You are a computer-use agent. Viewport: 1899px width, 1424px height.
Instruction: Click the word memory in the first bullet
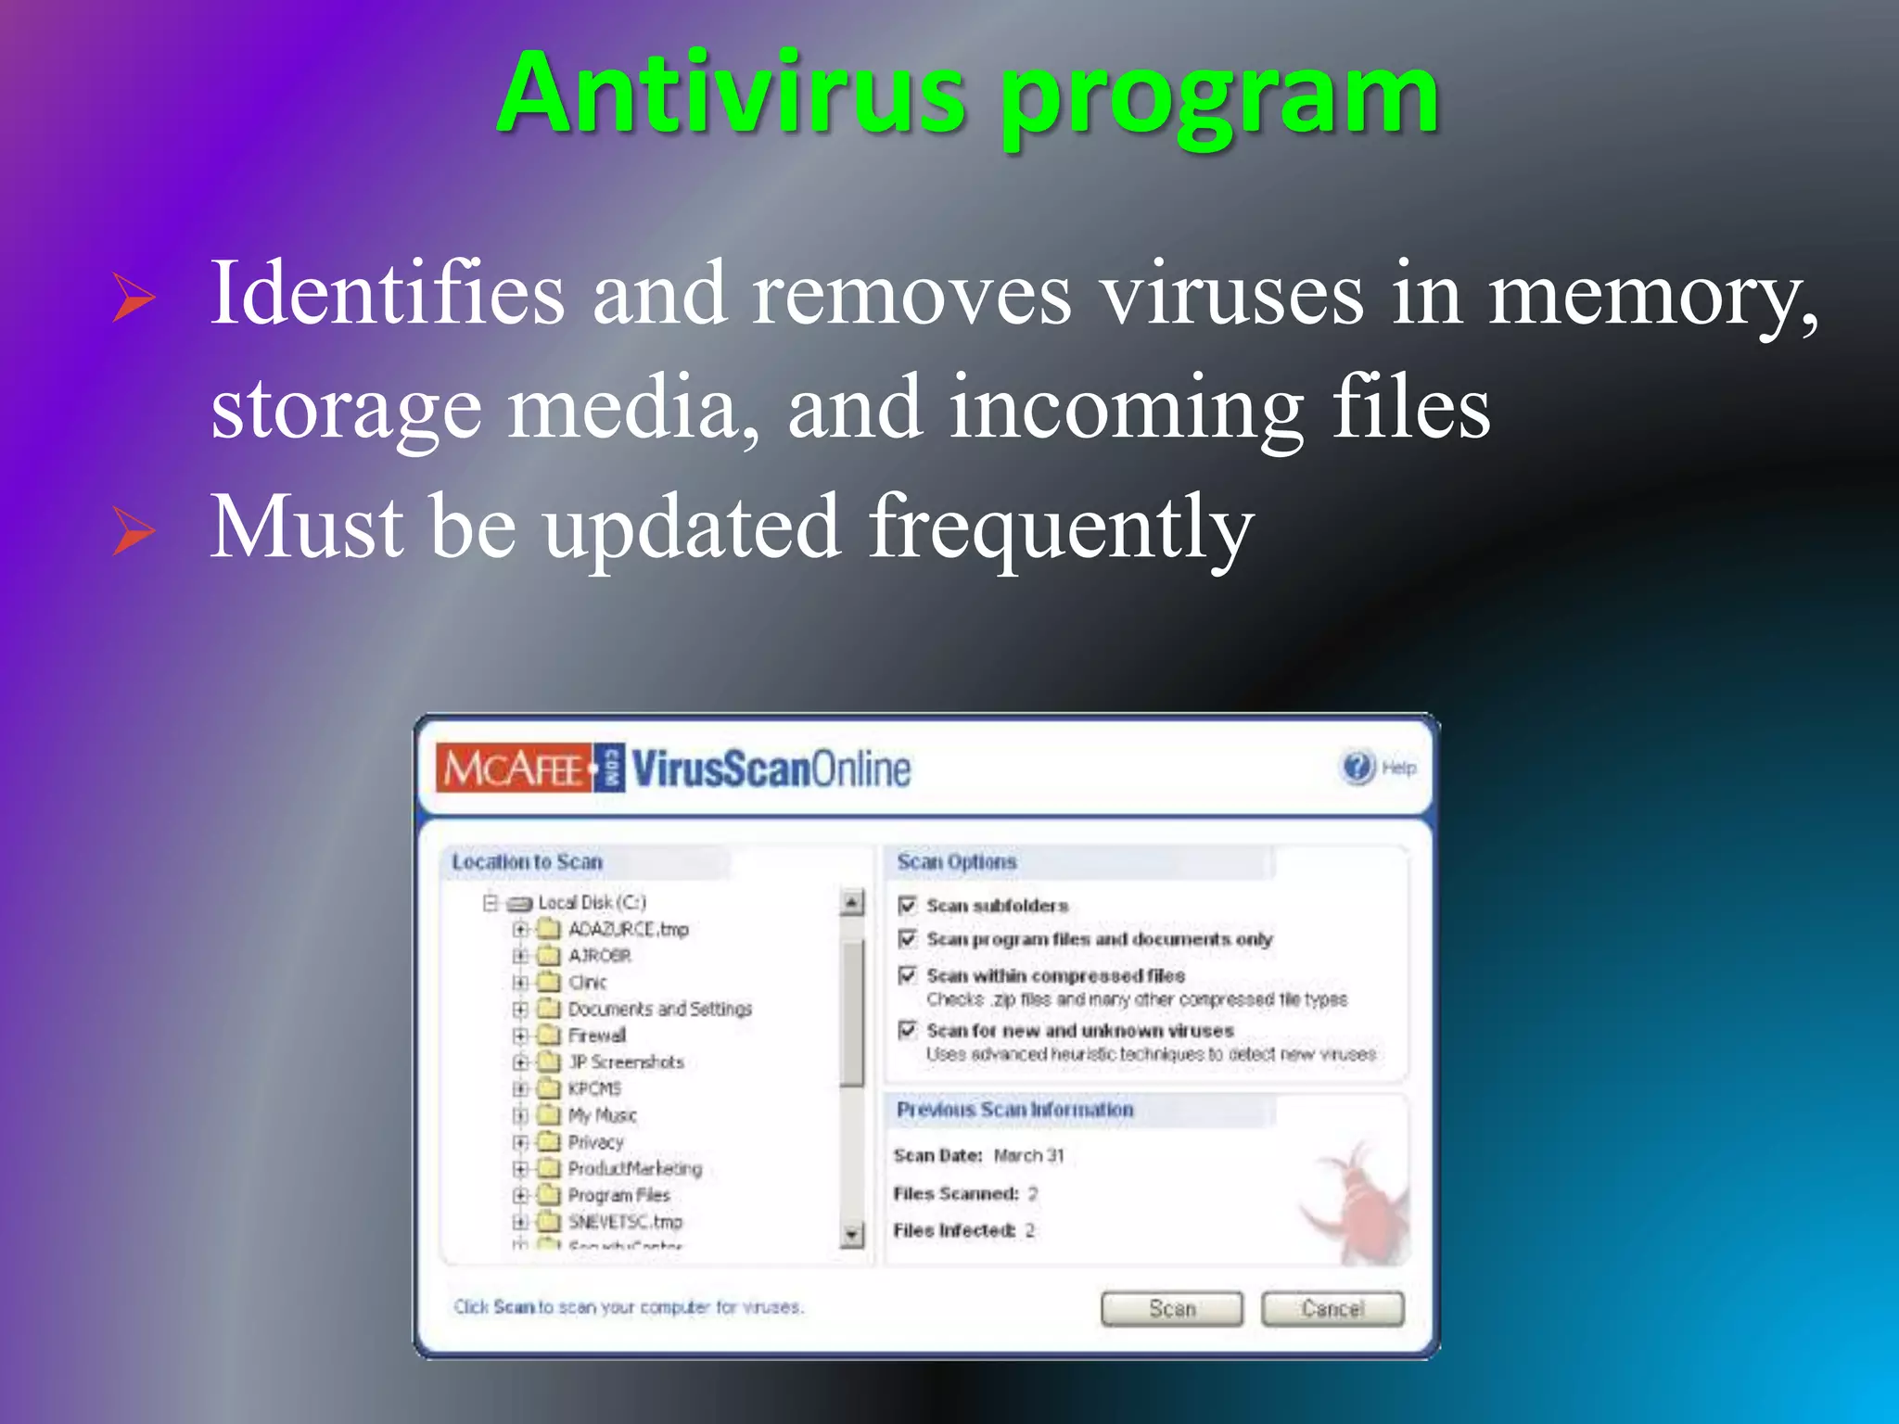[x=1650, y=295]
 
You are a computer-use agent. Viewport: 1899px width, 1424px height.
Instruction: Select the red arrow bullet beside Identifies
[x=133, y=298]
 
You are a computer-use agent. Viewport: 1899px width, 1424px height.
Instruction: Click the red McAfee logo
[x=515, y=769]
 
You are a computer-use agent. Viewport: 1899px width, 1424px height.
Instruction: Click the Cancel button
[x=1332, y=1308]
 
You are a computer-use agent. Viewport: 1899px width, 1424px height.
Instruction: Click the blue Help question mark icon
[x=1357, y=768]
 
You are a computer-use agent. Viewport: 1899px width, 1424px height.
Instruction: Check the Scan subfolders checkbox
[x=908, y=905]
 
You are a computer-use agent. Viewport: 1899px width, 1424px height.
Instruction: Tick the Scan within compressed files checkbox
[x=908, y=974]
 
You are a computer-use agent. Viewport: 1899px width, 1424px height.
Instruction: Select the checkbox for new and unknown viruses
[x=908, y=1029]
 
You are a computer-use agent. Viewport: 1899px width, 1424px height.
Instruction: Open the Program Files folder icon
[x=549, y=1194]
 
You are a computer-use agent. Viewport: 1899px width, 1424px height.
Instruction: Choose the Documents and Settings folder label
[x=659, y=1009]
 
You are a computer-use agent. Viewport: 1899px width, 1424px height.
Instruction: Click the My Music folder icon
[x=549, y=1114]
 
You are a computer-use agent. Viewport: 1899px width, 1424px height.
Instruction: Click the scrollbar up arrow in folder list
[x=852, y=901]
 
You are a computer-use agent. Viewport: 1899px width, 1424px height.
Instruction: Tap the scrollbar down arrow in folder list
[x=852, y=1234]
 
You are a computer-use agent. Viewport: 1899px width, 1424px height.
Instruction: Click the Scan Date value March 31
[x=1028, y=1155]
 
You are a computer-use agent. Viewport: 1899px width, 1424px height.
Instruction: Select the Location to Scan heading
[x=527, y=862]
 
